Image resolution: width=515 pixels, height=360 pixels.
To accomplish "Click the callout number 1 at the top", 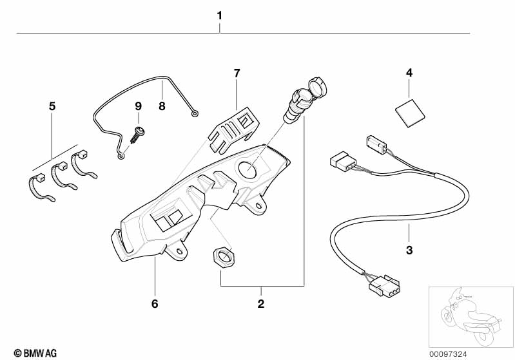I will click(x=220, y=15).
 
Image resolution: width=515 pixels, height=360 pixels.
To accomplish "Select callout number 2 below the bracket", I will click(x=261, y=302).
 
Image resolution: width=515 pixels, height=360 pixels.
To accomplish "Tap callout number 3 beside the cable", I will click(x=409, y=249).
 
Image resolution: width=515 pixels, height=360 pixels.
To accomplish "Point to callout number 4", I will click(x=409, y=73).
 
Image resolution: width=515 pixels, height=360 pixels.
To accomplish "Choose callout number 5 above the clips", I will click(x=52, y=106).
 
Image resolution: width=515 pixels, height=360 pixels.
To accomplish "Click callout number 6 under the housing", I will click(x=155, y=302).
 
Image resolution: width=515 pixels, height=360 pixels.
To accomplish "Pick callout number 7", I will click(x=237, y=73).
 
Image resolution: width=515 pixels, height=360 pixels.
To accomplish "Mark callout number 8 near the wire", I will click(x=162, y=106).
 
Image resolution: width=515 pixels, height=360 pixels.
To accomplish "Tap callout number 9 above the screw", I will click(x=137, y=106).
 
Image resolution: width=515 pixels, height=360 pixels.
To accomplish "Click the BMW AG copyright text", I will click(x=31, y=352).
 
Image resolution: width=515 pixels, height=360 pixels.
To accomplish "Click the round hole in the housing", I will click(x=248, y=169).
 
